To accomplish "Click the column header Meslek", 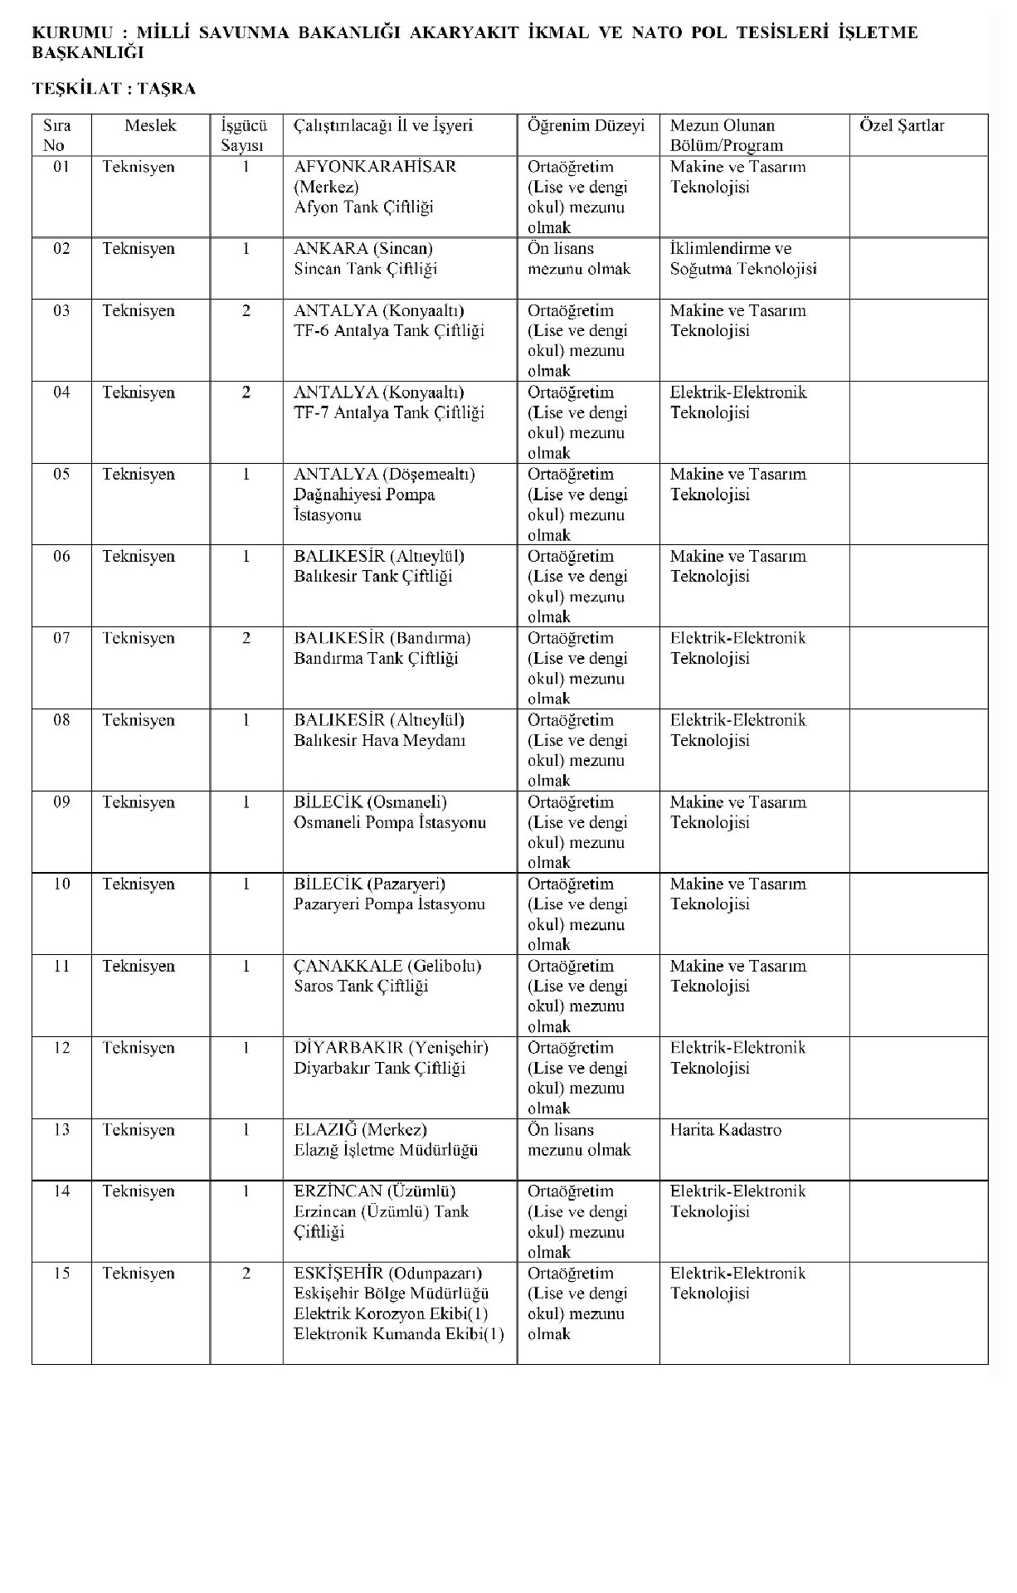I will click(x=150, y=126).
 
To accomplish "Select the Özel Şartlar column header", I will click(x=902, y=126).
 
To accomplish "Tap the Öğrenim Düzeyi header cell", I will click(x=586, y=126).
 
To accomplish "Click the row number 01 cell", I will click(x=61, y=167).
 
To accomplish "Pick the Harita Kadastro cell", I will click(x=725, y=1130).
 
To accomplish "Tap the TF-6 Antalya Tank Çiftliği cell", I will click(x=389, y=331).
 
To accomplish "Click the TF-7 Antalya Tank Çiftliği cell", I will click(x=389, y=413).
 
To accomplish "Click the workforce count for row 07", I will click(x=246, y=639).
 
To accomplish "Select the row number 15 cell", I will click(x=61, y=1274).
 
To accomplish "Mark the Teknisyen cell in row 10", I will click(x=139, y=884).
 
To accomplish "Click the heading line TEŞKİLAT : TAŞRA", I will click(x=114, y=89).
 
